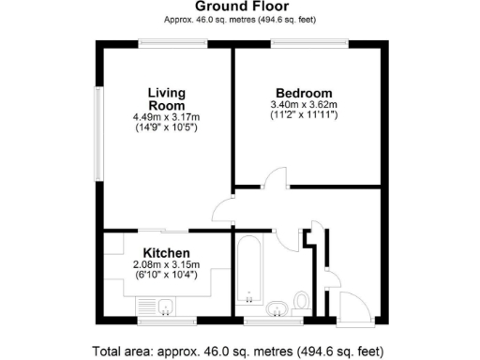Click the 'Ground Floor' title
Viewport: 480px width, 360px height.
point(240,7)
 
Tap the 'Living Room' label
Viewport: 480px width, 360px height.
point(166,98)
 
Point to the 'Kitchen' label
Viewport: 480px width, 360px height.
point(167,253)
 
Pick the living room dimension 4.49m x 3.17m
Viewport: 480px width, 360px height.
point(167,116)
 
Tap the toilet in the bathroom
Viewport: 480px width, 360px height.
point(302,301)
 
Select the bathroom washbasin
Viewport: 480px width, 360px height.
point(277,308)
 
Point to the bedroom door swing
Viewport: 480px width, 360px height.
point(275,178)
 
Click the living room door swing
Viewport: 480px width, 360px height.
point(223,210)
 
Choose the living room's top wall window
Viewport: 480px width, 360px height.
point(167,41)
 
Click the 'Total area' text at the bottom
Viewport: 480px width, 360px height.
point(240,352)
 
